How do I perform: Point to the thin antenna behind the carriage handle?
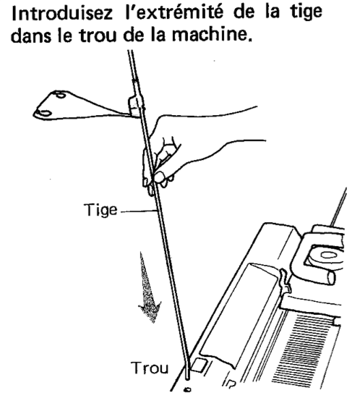346,202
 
